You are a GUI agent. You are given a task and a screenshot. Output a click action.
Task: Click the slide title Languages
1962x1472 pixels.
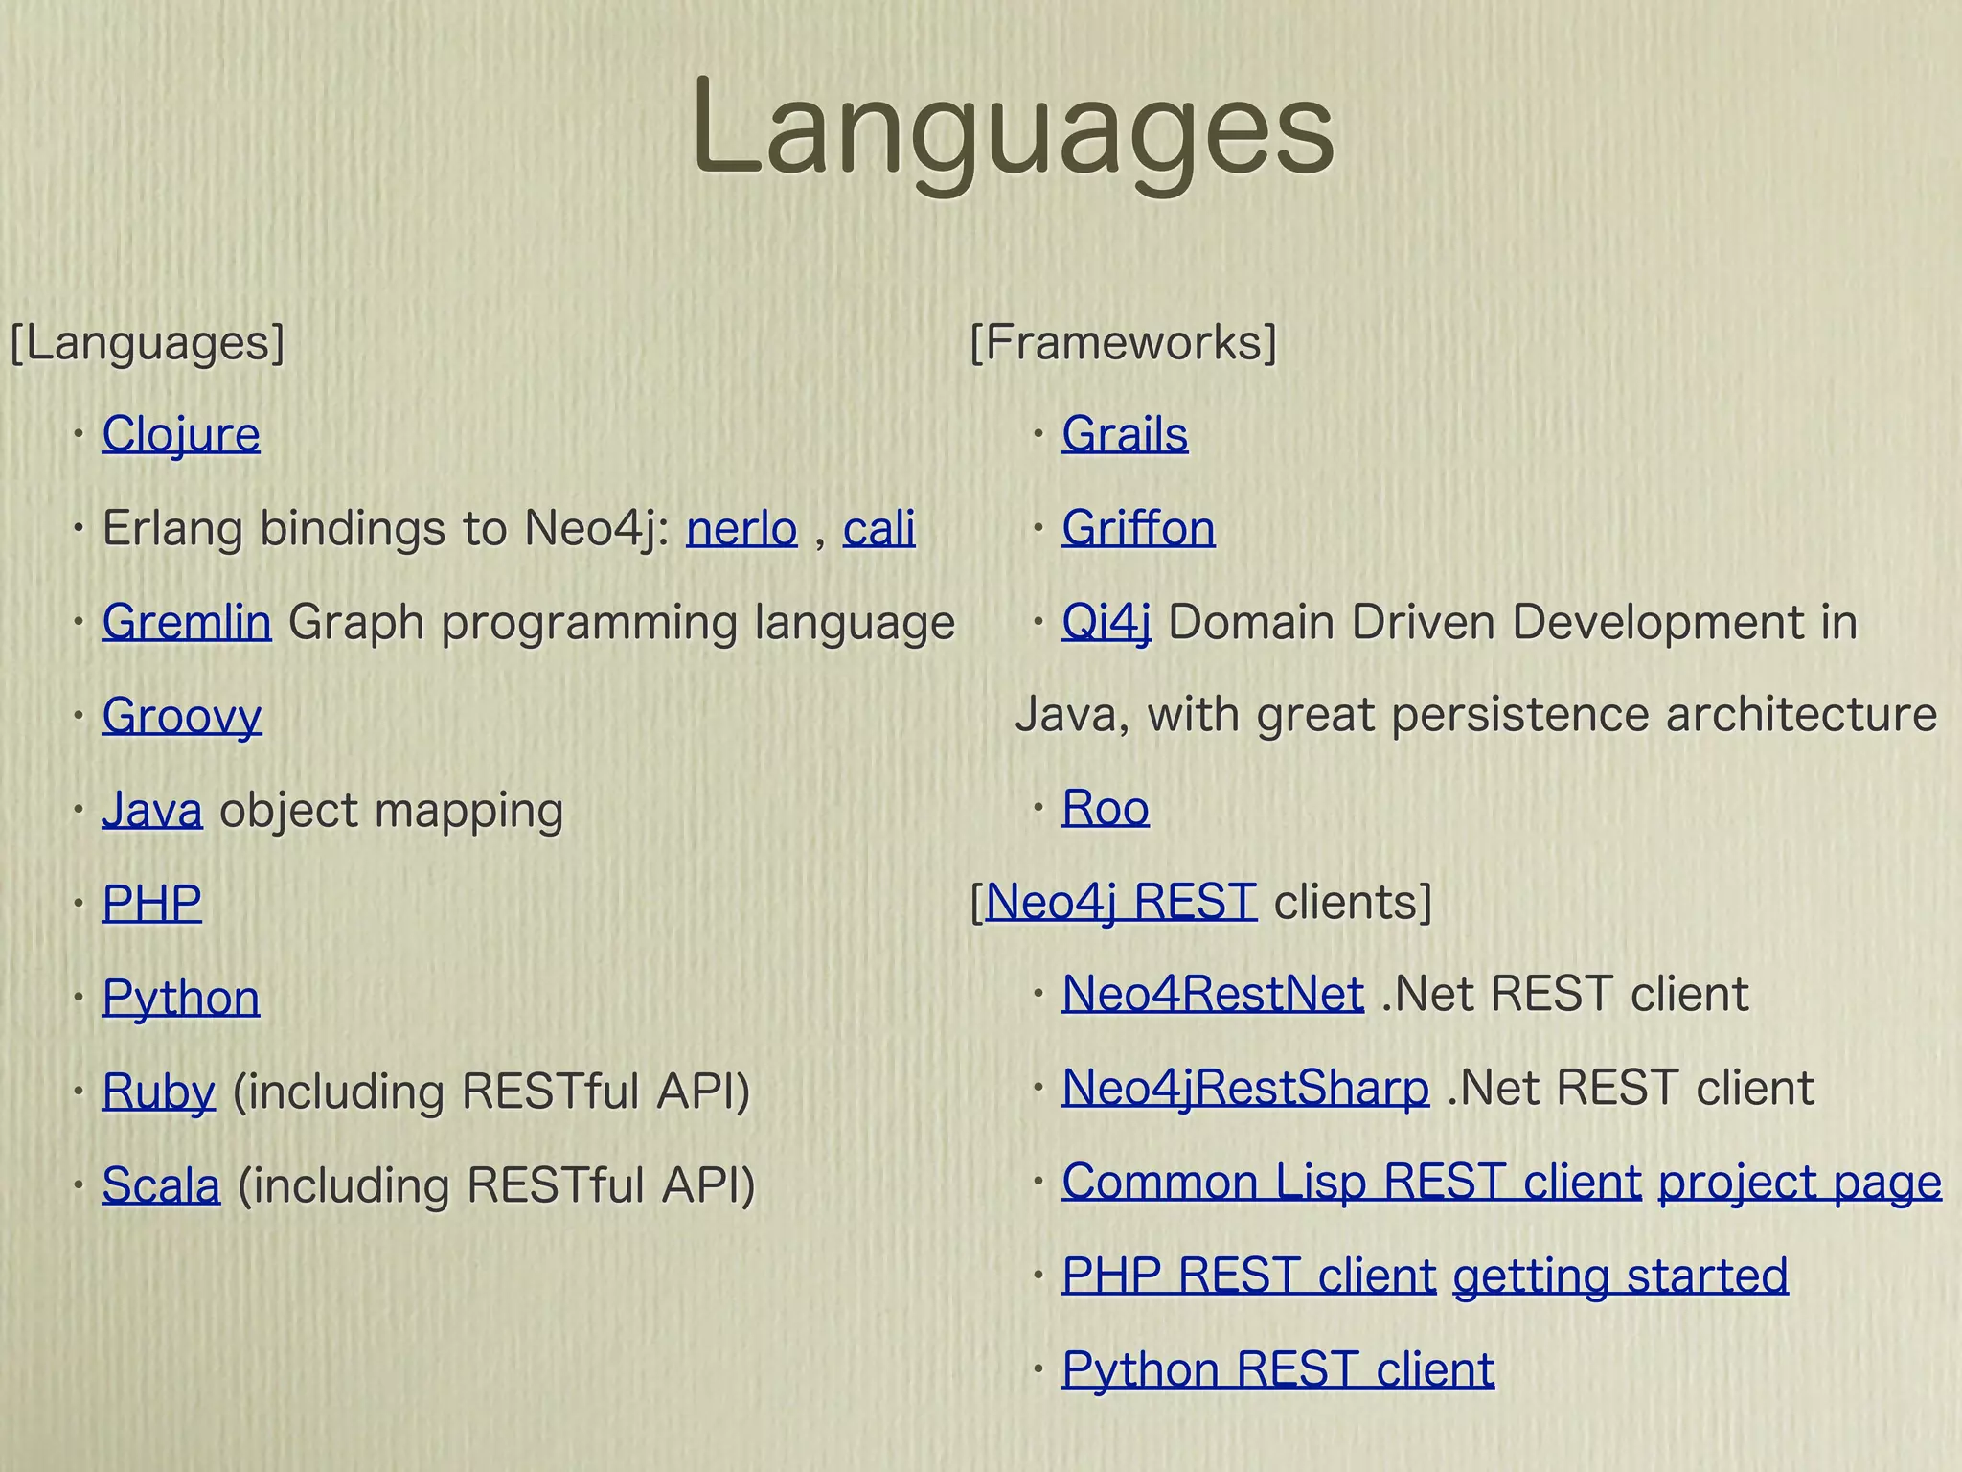click(x=1012, y=129)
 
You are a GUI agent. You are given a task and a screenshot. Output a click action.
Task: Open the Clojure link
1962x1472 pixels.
click(x=181, y=434)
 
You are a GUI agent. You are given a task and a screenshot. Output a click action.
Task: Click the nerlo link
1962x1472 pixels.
click(x=741, y=528)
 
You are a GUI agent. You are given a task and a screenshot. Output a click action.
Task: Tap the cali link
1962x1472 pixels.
click(x=878, y=528)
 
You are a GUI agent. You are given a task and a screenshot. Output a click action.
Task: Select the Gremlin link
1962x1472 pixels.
click(x=187, y=622)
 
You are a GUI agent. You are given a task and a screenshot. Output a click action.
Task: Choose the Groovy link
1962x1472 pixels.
click(x=181, y=716)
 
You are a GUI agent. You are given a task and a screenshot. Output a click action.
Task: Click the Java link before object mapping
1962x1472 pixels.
click(x=152, y=810)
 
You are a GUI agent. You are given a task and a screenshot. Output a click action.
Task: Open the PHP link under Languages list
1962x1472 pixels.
click(x=151, y=903)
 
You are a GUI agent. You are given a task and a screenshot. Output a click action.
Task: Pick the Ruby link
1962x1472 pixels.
click(x=159, y=1092)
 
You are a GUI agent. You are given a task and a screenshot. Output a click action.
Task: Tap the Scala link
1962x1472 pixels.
click(x=161, y=1184)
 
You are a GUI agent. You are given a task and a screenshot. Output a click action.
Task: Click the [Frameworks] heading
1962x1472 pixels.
click(x=1123, y=342)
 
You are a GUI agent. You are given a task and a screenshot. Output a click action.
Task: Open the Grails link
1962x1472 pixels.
click(x=1125, y=434)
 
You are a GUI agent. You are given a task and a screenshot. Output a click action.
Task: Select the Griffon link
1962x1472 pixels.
click(x=1138, y=528)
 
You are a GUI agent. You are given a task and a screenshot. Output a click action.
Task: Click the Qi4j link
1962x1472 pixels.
click(x=1106, y=622)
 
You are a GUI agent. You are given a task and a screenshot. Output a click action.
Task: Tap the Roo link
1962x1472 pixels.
click(x=1106, y=808)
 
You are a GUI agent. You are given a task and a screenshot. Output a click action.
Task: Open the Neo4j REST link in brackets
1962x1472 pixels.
click(x=1120, y=902)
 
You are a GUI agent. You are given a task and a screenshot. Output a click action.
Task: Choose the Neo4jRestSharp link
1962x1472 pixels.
click(x=1245, y=1088)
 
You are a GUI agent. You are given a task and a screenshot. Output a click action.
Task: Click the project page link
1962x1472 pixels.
click(x=1799, y=1182)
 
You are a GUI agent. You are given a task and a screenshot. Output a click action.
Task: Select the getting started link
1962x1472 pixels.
click(x=1620, y=1276)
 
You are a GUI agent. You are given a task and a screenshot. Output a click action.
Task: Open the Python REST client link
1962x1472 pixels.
click(x=1278, y=1368)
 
